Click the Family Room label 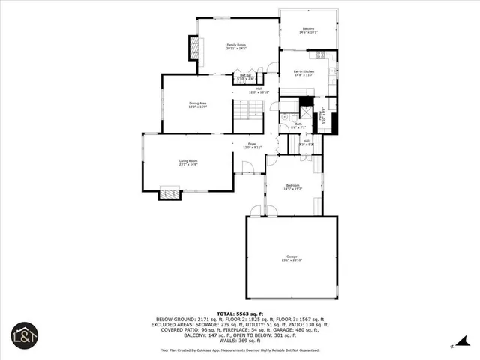coord(237,46)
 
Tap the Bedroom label coord(292,187)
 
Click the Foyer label coord(252,145)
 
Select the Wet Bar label coord(245,76)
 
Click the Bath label coord(298,125)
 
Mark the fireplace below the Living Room coord(169,194)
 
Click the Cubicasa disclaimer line coord(239,349)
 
